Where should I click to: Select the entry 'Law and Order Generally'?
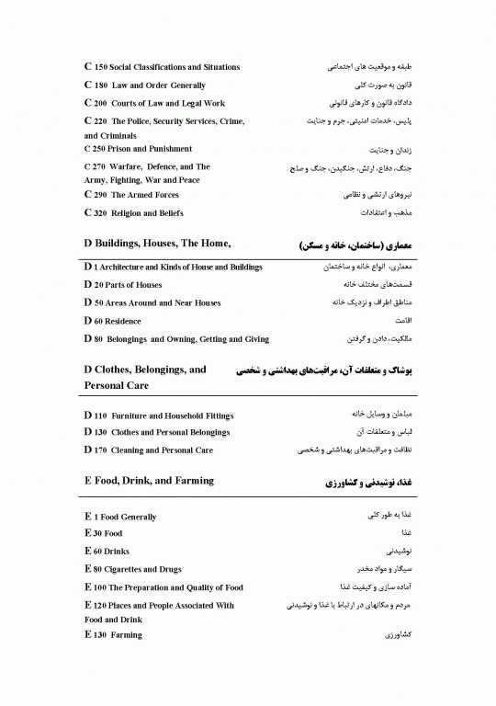tap(158, 85)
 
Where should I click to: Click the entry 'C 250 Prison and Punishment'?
tap(138, 149)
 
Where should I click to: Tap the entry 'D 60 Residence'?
tap(112, 322)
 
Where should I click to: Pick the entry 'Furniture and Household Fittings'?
tap(171, 415)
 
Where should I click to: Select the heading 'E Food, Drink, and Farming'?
tap(148, 481)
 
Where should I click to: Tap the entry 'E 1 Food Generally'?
tap(119, 518)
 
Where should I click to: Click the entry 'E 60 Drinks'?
tap(106, 552)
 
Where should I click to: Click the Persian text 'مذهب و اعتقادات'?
tap(390, 213)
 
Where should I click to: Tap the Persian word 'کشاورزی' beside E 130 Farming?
tap(396, 635)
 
